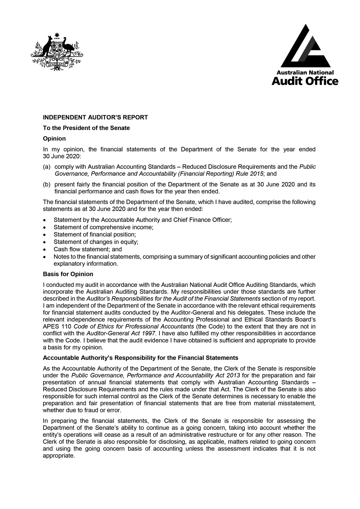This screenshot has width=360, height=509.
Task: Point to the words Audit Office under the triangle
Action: (305, 81)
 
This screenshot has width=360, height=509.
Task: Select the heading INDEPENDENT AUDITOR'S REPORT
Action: (95, 117)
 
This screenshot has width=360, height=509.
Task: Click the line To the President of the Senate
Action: (86, 128)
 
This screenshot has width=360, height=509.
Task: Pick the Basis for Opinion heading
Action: (68, 274)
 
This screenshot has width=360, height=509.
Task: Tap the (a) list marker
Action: (46, 167)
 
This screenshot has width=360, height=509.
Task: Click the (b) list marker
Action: (46, 185)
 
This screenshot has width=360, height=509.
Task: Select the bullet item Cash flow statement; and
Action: (87, 249)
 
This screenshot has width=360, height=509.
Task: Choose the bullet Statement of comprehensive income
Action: (103, 227)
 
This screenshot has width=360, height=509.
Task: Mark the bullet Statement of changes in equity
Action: (96, 242)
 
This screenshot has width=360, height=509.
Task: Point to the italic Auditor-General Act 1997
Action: (121, 334)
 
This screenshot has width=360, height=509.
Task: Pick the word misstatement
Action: (297, 404)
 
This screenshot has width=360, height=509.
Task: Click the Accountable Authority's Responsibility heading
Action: (140, 358)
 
